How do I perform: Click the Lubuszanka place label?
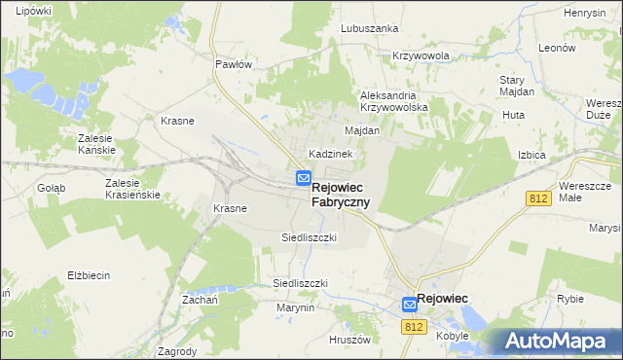coord(369,28)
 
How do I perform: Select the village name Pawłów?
coord(234,64)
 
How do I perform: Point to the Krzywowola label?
coord(421,56)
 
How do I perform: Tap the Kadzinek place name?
coord(330,154)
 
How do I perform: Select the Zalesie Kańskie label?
coord(96,144)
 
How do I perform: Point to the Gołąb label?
coord(52,188)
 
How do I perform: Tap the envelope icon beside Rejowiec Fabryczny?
coord(304,179)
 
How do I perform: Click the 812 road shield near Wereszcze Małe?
coord(541,198)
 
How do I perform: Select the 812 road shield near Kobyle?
coord(414,328)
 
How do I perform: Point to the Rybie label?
coord(569,300)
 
